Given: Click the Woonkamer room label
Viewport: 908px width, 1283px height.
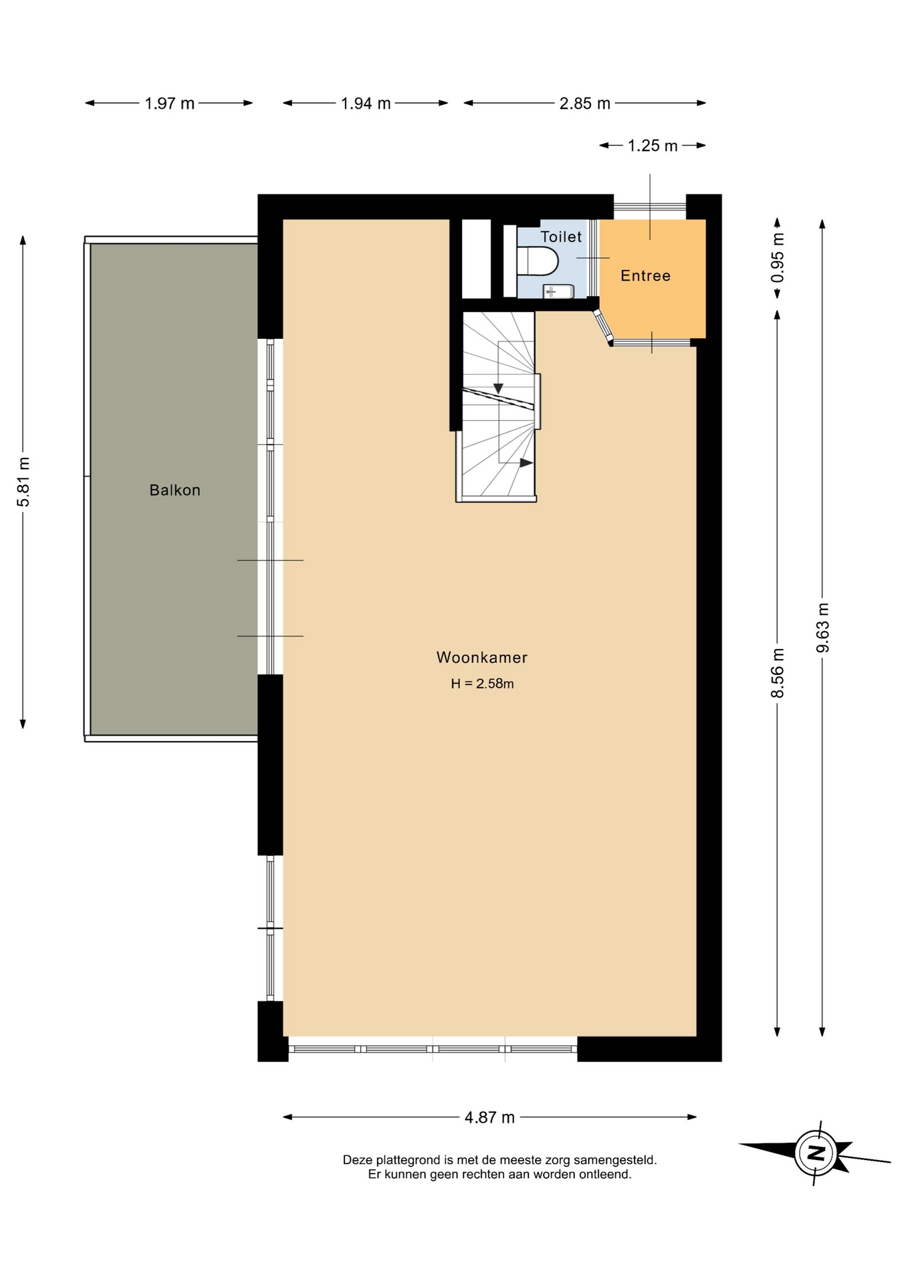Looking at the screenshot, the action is pos(482,658).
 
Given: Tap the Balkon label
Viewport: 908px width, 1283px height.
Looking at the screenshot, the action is pos(175,490).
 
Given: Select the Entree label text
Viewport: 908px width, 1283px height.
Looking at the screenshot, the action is pos(645,276).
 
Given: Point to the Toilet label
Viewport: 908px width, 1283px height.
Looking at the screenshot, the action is pos(561,237).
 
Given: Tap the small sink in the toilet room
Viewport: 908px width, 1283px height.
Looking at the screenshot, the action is pos(558,291).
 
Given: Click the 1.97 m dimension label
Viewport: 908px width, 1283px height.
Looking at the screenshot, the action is pos(170,104).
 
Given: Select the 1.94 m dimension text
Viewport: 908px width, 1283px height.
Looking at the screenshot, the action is pos(366,104).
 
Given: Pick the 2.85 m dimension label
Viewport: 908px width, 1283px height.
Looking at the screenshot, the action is pos(585,104).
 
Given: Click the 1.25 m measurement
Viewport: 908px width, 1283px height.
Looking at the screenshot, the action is pos(653,146).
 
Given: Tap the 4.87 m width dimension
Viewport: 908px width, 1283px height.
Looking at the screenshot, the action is pos(490,1117).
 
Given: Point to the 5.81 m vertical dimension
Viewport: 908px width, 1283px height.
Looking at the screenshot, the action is pos(23,482).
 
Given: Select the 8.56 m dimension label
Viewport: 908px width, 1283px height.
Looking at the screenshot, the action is pos(778,673).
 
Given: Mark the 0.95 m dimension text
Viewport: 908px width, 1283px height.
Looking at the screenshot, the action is pos(778,257).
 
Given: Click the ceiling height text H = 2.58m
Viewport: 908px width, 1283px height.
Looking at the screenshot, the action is pos(482,684).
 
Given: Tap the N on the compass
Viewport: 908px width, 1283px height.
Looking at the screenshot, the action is pos(816,1153).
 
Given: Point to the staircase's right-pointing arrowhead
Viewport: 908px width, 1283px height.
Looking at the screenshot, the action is pos(527,462).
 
